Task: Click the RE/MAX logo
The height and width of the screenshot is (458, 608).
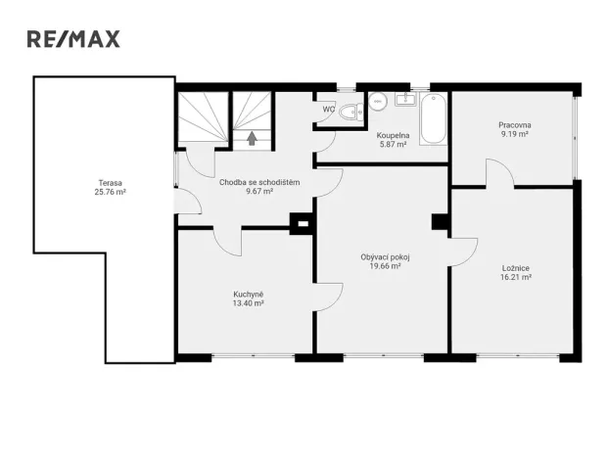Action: pos(72,39)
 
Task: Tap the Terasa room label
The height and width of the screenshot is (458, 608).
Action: pos(110,183)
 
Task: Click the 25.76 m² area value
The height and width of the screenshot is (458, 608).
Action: pos(110,193)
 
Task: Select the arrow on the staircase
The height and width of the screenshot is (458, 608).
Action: pos(253,139)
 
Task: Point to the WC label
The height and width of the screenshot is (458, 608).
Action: pos(328,110)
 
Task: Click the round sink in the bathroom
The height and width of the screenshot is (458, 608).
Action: pos(376,99)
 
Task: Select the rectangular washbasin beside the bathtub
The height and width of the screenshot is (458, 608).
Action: pos(406,99)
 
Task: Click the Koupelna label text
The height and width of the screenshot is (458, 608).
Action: pos(392,135)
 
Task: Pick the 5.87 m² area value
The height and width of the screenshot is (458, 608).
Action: pos(392,145)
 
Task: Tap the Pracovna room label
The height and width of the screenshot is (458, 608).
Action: pos(514,125)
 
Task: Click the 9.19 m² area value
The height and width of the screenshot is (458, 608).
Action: pos(514,135)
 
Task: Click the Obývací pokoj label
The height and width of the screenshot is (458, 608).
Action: pos(385,256)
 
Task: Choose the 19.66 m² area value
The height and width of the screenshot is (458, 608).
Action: pos(385,266)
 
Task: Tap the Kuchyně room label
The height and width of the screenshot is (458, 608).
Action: pos(248,294)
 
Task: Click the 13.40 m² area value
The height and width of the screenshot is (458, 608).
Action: pos(248,303)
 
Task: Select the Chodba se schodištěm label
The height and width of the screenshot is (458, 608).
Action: pos(259,182)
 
